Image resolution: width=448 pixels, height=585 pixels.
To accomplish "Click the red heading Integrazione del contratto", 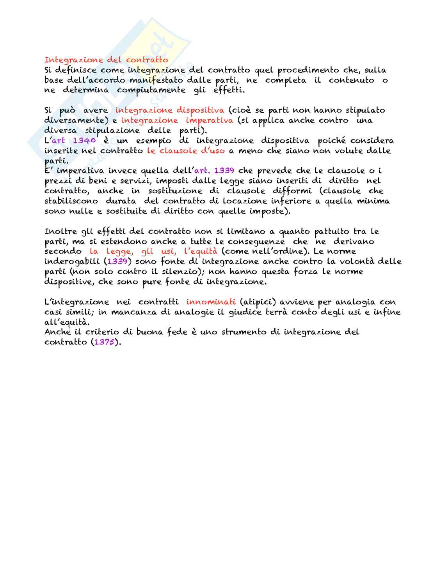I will [x=106, y=60].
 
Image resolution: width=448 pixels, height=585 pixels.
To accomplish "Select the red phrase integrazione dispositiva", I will [x=169, y=110].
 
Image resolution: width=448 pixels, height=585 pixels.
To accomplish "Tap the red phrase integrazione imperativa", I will [x=177, y=120].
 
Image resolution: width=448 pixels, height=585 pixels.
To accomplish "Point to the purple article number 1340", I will [x=84, y=141].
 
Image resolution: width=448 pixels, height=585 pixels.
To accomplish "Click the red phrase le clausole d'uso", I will [x=186, y=151].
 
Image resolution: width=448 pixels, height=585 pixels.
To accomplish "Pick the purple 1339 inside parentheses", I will [x=117, y=262].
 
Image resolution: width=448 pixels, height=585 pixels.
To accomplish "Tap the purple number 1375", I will [x=106, y=342].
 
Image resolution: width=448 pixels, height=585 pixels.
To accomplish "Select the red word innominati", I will [x=211, y=302].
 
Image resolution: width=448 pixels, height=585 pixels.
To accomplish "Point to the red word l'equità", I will [x=201, y=251].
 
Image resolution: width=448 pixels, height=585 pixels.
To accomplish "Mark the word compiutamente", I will [x=151, y=90].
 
